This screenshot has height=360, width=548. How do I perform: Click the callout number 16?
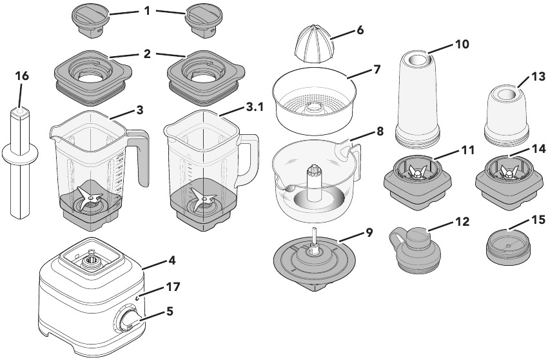(22, 76)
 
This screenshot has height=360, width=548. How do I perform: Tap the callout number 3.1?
(254, 108)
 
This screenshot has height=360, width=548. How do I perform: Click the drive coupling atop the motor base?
(91, 261)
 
